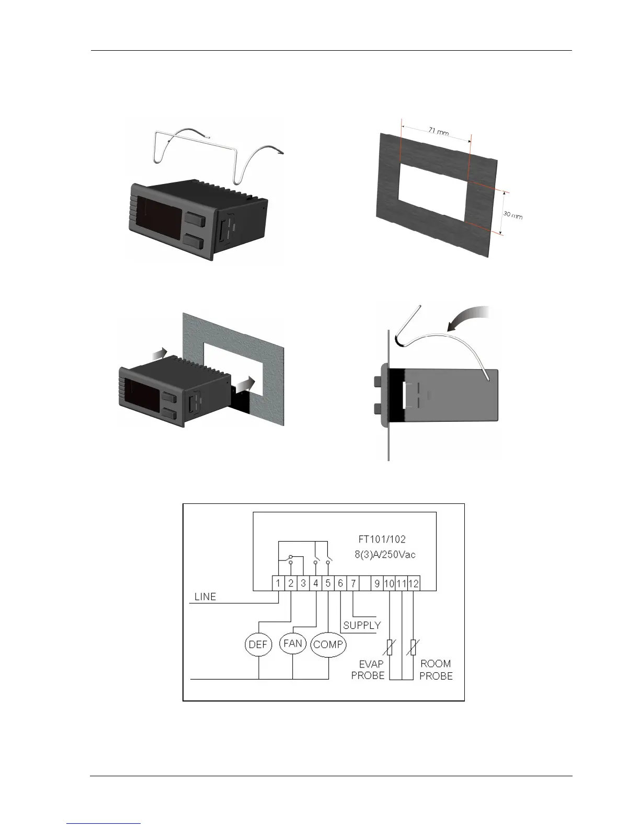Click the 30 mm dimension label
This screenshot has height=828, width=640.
pyautogui.click(x=512, y=214)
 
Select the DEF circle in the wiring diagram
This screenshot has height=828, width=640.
pyautogui.click(x=258, y=645)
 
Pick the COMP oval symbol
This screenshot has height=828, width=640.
pyautogui.click(x=328, y=645)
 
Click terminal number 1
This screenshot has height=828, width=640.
pyautogui.click(x=278, y=583)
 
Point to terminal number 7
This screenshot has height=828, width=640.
pyautogui.click(x=353, y=583)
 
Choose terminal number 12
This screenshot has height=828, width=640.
pyautogui.click(x=414, y=583)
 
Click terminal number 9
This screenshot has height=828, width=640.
pyautogui.click(x=377, y=583)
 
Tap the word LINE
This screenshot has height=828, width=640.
pyautogui.click(x=205, y=596)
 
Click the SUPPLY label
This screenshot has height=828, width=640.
pyautogui.click(x=362, y=625)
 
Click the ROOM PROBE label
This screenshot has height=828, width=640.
pyautogui.click(x=436, y=670)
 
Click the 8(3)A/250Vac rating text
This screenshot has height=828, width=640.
pyautogui.click(x=382, y=554)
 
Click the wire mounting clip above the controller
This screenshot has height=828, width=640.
pyautogui.click(x=220, y=152)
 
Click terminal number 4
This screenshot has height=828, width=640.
pyautogui.click(x=316, y=583)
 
